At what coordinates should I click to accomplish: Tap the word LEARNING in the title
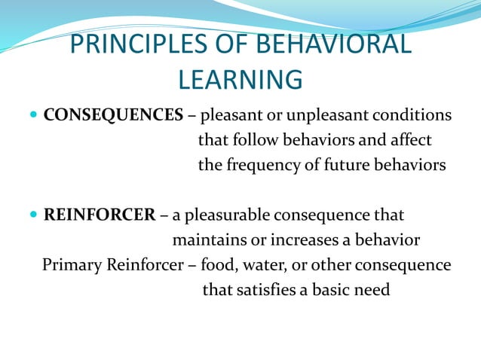[x=240, y=78]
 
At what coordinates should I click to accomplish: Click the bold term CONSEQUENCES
[x=113, y=115]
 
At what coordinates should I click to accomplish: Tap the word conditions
[x=415, y=115]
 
